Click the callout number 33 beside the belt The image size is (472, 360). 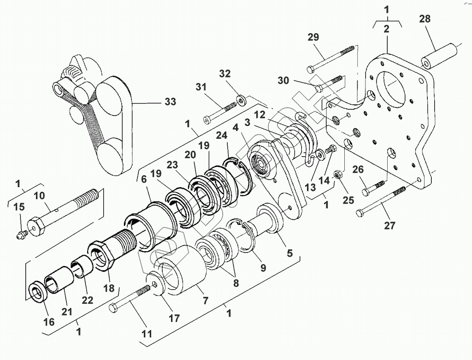pos(170,102)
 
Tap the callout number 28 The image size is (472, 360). pos(425,19)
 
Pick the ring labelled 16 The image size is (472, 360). pos(36,292)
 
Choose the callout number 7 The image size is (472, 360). pos(206,301)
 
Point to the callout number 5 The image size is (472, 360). pos(289,253)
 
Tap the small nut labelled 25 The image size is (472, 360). pos(337,176)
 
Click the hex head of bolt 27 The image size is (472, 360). pos(361,212)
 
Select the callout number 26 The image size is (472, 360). pos(358,169)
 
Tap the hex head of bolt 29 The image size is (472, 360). pos(311,69)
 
